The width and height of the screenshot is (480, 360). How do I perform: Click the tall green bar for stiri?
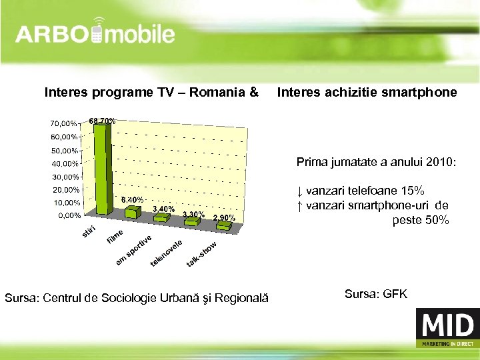[x=100, y=170]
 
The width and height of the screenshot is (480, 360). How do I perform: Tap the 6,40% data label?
[x=132, y=199]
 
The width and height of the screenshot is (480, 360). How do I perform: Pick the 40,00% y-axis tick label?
[x=62, y=163]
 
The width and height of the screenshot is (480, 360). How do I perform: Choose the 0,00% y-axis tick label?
[x=67, y=215]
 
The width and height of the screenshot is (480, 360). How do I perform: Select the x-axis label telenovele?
[x=166, y=255]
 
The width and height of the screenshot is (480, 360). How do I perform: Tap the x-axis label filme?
[x=116, y=236]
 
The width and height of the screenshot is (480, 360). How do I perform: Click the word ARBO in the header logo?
[x=52, y=34]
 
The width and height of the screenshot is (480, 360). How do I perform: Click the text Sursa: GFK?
[x=375, y=293]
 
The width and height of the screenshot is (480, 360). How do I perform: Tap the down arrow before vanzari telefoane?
[x=299, y=191]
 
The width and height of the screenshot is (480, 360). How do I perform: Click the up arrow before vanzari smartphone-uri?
[x=299, y=205]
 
